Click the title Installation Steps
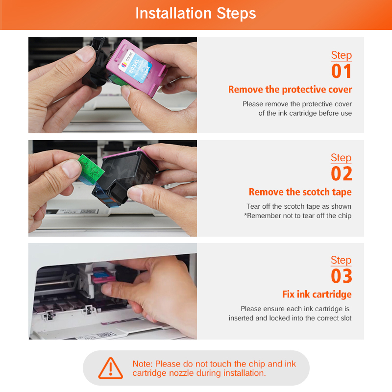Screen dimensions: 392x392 pyautogui.click(x=196, y=13)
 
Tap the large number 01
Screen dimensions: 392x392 pyautogui.click(x=342, y=71)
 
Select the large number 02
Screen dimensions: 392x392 pyautogui.click(x=342, y=174)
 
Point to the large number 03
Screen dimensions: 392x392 pyautogui.click(x=342, y=276)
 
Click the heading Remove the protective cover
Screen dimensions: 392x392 pyautogui.click(x=290, y=90)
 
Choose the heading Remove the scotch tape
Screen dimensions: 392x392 pyautogui.click(x=300, y=192)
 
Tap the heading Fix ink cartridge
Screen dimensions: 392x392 pyautogui.click(x=317, y=294)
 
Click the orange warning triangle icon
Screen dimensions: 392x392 pyautogui.click(x=111, y=368)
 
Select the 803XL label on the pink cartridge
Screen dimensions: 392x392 pyautogui.click(x=135, y=66)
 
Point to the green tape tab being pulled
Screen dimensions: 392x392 pyautogui.click(x=90, y=169)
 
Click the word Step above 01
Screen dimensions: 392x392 pyautogui.click(x=342, y=55)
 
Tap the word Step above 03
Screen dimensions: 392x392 pyautogui.click(x=341, y=260)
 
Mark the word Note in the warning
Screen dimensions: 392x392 pyautogui.click(x=142, y=364)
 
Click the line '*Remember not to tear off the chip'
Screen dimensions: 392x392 pyautogui.click(x=297, y=216)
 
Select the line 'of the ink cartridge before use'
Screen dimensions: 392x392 pyautogui.click(x=305, y=113)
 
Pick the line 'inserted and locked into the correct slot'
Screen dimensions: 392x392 pyautogui.click(x=290, y=318)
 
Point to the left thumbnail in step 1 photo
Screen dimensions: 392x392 pyautogui.click(x=85, y=54)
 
